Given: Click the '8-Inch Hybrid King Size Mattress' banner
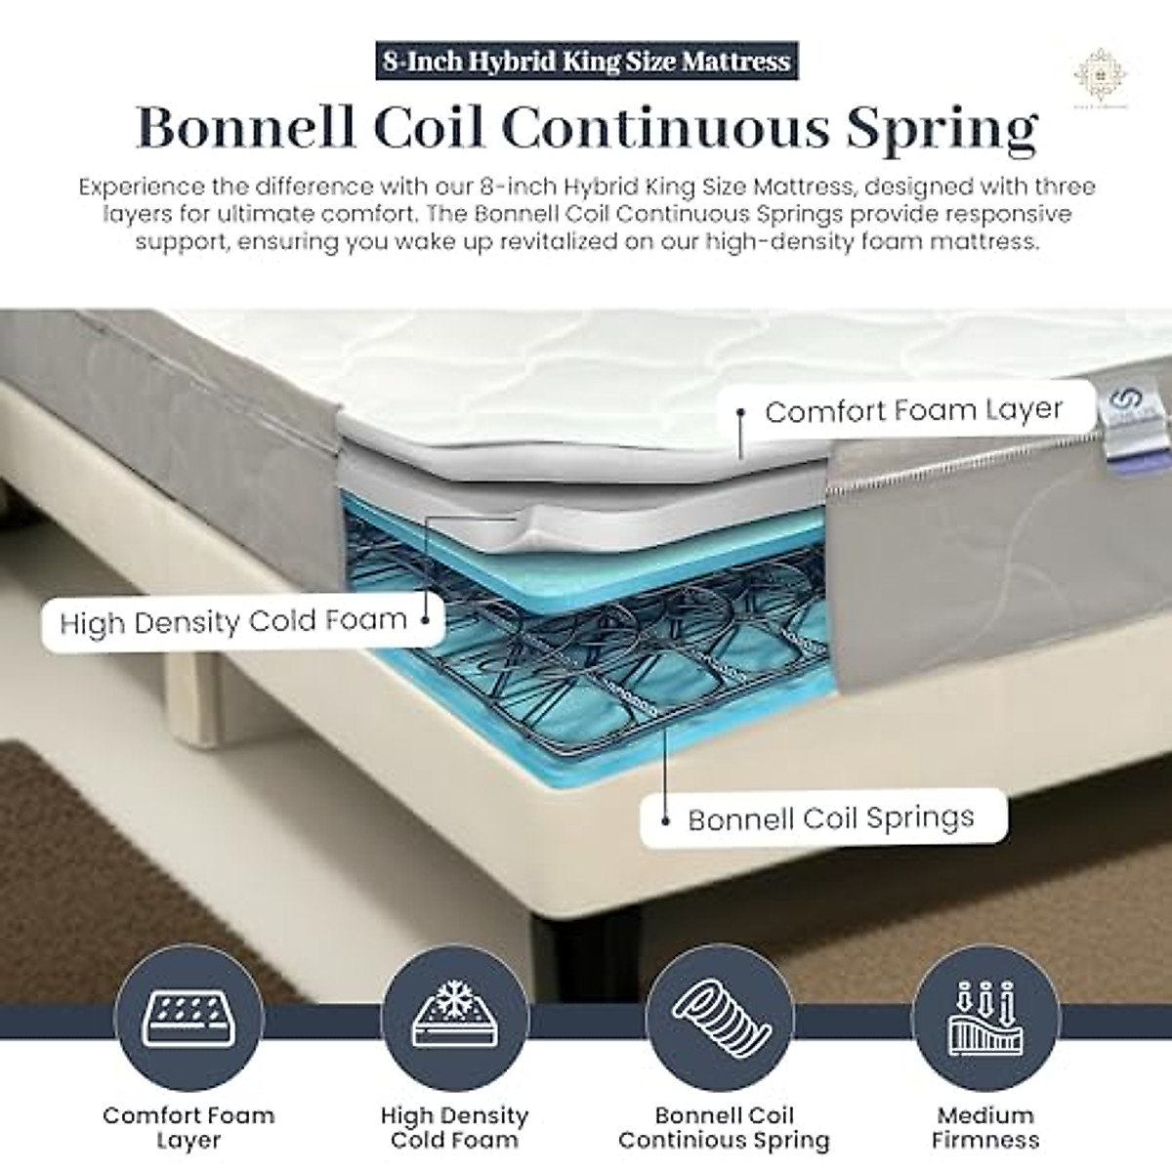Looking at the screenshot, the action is (x=586, y=62).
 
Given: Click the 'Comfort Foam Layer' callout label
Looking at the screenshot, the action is (x=913, y=410).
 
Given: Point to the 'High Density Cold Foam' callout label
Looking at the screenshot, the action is (x=233, y=621).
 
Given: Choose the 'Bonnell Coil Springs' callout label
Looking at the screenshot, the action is (x=830, y=818).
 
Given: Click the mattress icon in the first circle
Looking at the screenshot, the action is (x=188, y=1007).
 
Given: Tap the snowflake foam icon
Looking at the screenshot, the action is (x=454, y=1008).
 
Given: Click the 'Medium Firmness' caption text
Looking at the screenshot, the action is (x=984, y=1127).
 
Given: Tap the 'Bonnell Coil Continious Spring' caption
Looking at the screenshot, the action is (x=724, y=1127).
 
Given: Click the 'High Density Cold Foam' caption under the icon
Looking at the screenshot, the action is (x=454, y=1127).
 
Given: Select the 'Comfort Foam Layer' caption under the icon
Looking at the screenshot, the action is (x=188, y=1127).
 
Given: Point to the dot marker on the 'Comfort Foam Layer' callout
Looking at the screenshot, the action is (x=742, y=413).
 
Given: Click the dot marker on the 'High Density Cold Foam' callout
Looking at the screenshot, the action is (x=425, y=618).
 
